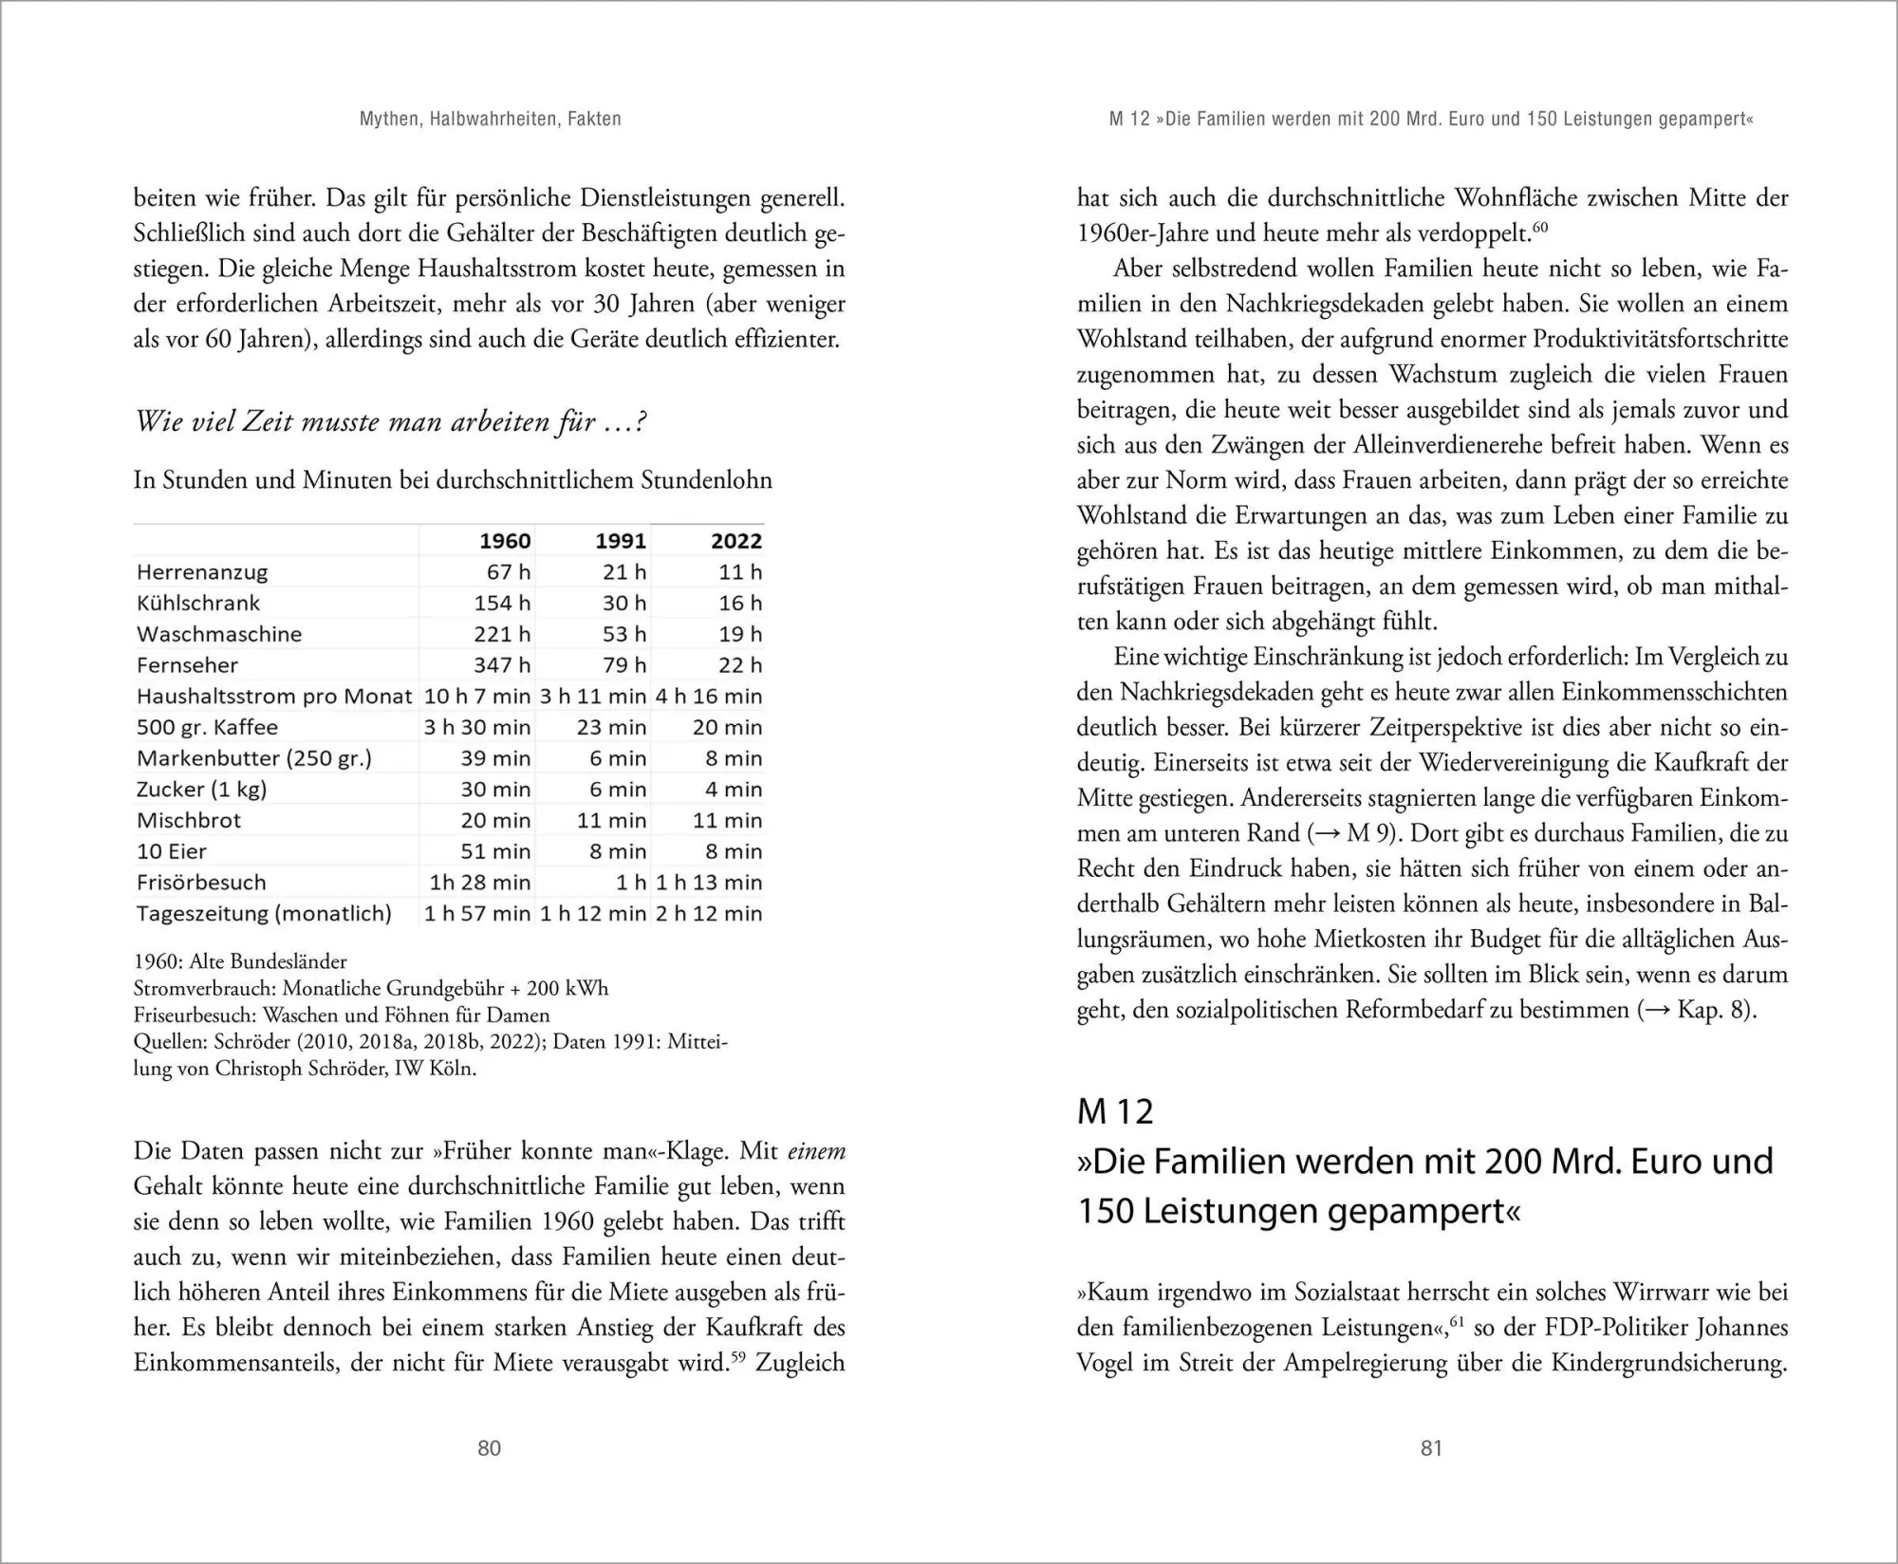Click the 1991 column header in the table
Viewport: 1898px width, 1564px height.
pos(620,541)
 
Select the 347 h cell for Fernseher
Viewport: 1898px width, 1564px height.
pos(502,665)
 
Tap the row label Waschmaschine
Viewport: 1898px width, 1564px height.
pos(219,634)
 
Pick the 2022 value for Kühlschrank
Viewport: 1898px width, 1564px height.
pos(739,603)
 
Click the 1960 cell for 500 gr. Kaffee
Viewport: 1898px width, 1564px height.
pos(476,727)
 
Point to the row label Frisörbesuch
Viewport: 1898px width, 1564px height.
pos(201,883)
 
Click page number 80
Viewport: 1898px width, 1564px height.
pos(489,1447)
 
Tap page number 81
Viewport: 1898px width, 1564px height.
pos(1431,1447)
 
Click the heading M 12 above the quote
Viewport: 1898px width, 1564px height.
pos(1115,1111)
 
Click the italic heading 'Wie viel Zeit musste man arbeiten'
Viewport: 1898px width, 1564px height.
pos(390,421)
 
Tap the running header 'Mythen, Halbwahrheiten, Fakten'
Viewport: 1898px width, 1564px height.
pos(491,120)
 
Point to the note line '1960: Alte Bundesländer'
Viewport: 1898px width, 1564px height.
pos(240,961)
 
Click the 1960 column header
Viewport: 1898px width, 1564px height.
pos(504,541)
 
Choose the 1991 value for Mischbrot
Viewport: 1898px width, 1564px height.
pos(611,821)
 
